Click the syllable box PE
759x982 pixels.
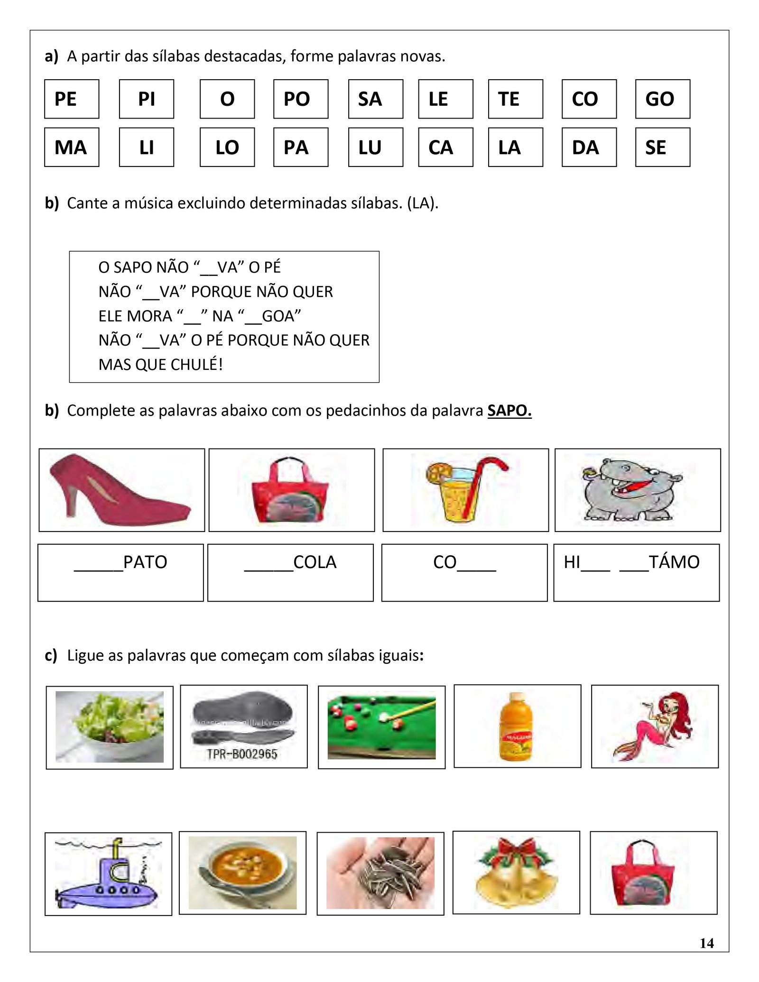(71, 99)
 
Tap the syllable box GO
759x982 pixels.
(662, 99)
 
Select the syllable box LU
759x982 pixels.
(375, 147)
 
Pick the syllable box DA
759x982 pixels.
(589, 147)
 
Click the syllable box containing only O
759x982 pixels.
(227, 99)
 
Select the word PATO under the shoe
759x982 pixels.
(145, 562)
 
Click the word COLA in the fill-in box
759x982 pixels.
(315, 562)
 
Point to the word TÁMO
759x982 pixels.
(674, 562)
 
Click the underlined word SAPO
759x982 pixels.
(509, 410)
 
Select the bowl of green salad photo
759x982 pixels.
(110, 726)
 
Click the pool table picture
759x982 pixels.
(381, 726)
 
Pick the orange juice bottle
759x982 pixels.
(517, 726)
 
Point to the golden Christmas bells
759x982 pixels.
(517, 872)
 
